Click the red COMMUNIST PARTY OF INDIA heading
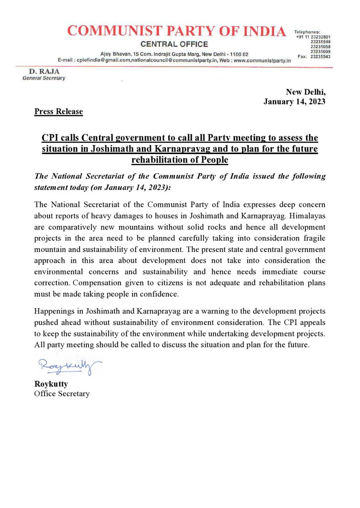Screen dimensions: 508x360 point(177,31)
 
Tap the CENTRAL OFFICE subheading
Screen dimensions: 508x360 point(174,44)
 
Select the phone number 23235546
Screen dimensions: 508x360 point(320,42)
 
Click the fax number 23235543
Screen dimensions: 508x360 point(320,57)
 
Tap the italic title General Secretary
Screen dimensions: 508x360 point(44,79)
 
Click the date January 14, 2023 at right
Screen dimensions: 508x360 point(295,102)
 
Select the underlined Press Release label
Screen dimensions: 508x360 point(58,112)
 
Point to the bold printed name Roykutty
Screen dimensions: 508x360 point(51,384)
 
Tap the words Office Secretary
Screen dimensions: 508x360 point(62,394)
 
